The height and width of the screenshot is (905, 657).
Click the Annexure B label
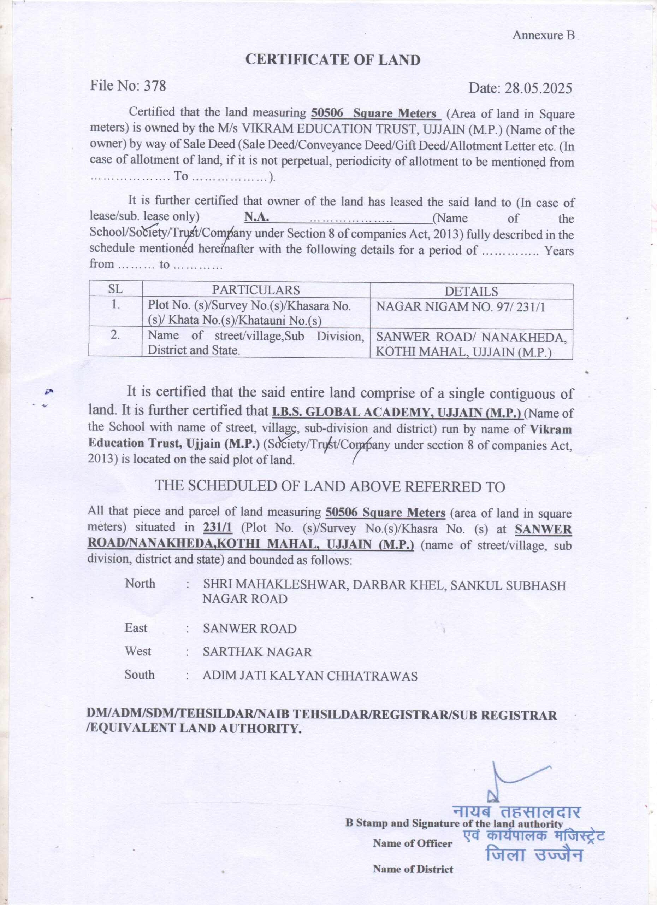click(543, 35)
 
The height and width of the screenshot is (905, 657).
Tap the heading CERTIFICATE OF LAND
click(333, 60)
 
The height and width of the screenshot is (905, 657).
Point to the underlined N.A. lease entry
click(257, 217)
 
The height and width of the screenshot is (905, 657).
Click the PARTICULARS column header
click(256, 290)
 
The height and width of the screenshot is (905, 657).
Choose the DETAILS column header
click(471, 291)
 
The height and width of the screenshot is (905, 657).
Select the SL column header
click(116, 289)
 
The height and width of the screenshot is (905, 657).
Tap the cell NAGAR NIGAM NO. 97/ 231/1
click(461, 307)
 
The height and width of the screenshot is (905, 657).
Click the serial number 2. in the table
click(115, 335)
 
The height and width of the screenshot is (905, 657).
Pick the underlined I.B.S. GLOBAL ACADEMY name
click(397, 412)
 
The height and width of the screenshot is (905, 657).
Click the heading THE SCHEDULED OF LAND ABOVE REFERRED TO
click(330, 486)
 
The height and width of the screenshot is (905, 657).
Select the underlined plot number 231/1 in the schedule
click(217, 528)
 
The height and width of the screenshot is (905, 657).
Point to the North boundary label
click(140, 583)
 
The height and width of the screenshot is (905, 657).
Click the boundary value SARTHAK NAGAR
click(257, 652)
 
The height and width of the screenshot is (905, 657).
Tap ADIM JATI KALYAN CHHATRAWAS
click(310, 676)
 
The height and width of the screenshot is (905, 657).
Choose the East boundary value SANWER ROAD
click(250, 629)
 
